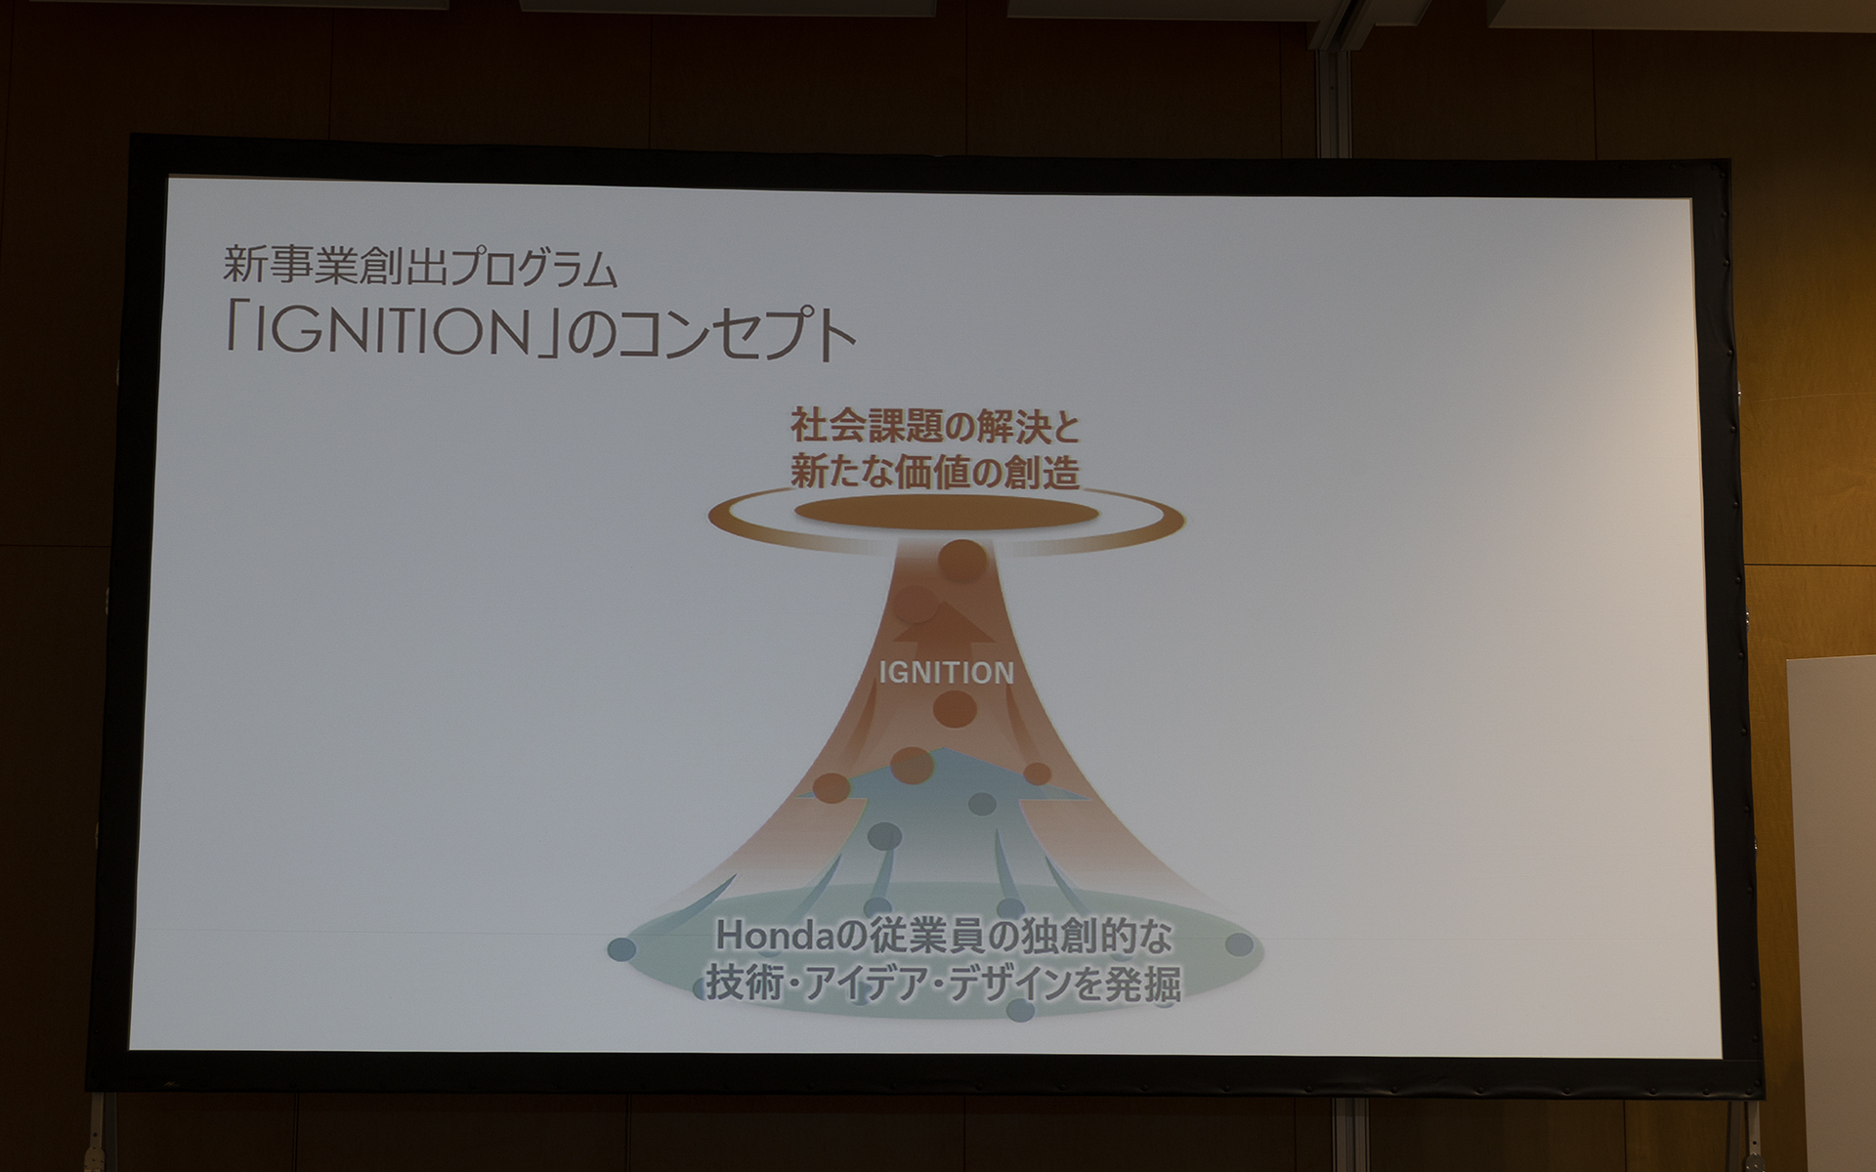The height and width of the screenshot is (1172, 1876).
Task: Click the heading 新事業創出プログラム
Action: coord(420,267)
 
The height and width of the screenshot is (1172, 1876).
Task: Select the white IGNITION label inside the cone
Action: coord(946,673)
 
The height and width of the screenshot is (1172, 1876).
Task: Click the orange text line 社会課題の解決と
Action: coord(935,428)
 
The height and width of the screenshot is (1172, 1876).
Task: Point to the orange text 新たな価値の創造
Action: coord(935,474)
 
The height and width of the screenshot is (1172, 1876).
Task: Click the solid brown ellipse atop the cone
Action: coord(946,514)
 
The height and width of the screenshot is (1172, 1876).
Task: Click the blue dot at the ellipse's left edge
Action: coord(621,948)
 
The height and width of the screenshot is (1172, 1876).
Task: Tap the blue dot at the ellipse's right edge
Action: coord(1239,944)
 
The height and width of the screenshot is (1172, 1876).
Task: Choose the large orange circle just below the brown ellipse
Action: coord(962,561)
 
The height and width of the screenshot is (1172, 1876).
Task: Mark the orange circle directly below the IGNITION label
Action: coord(955,708)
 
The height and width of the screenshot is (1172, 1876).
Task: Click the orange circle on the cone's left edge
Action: coord(831,787)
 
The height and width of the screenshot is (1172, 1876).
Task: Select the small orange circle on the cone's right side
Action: coord(1037,774)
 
